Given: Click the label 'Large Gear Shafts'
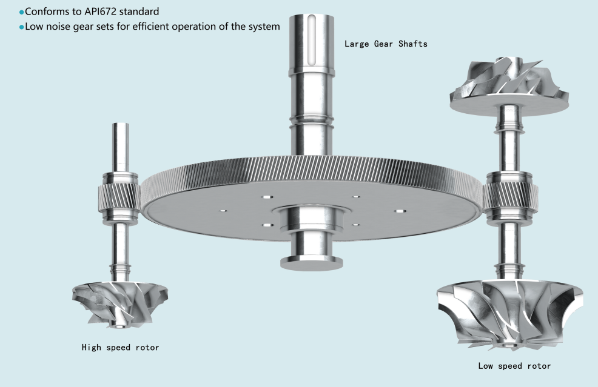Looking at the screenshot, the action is pos(386,44).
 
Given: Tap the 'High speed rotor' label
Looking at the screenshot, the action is pos(120,348).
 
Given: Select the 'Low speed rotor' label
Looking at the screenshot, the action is pos(514,366).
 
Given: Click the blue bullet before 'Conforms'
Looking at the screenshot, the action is pos(21,13).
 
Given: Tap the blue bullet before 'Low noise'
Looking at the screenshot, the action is pos(21,27).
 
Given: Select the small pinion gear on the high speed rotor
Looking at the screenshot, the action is pos(119,197).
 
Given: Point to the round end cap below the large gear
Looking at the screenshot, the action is pos(312,263).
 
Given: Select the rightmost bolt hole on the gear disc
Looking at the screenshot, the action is pos(399,211).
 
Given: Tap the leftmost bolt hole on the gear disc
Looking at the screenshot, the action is pos(223,210).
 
